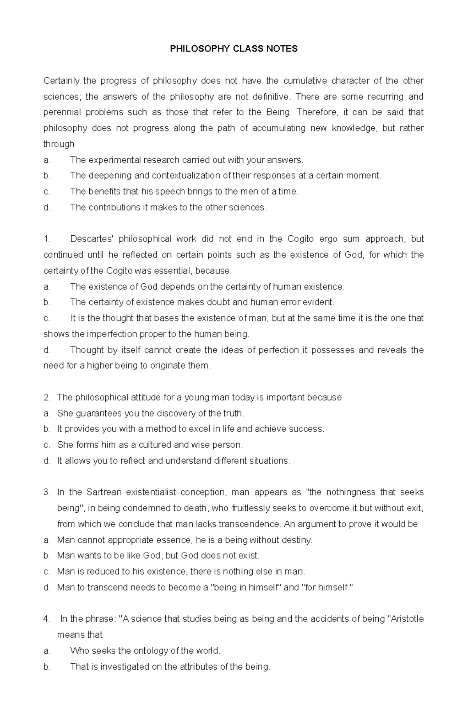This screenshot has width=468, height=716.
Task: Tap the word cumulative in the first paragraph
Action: [x=305, y=81]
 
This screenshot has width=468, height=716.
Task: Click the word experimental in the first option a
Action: [x=115, y=160]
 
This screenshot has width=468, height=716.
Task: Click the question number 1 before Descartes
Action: [x=46, y=239]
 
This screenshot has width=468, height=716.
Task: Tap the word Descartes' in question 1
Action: [x=91, y=239]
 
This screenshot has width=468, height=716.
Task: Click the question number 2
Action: [x=46, y=398]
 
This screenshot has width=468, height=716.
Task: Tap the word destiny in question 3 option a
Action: [x=298, y=540]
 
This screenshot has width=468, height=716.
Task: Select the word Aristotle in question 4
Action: [x=407, y=619]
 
